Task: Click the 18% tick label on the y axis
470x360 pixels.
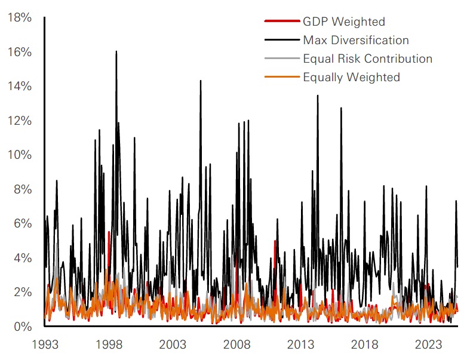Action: pyautogui.click(x=20, y=18)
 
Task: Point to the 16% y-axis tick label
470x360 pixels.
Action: pyautogui.click(x=20, y=52)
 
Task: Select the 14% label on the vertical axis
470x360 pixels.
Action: pyautogui.click(x=20, y=87)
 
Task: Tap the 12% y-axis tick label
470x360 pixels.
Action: pyautogui.click(x=20, y=121)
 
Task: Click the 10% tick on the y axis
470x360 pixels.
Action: pyautogui.click(x=20, y=155)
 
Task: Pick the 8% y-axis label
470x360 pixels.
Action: pyautogui.click(x=23, y=189)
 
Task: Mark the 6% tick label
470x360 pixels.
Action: pyautogui.click(x=23, y=224)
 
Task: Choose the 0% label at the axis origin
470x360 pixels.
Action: pyautogui.click(x=23, y=327)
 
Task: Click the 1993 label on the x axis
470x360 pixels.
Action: pyautogui.click(x=45, y=345)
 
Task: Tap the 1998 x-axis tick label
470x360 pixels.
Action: pyautogui.click(x=109, y=345)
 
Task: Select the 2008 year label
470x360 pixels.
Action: pyautogui.click(x=237, y=345)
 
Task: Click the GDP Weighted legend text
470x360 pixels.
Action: pyautogui.click(x=343, y=21)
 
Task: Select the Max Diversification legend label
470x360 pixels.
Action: pyautogui.click(x=355, y=40)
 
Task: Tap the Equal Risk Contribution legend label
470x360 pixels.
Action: pyautogui.click(x=367, y=59)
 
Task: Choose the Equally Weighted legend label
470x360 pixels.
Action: pyautogui.click(x=351, y=77)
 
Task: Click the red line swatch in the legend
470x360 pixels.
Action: pyautogui.click(x=281, y=21)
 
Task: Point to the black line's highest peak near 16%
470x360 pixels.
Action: pyautogui.click(x=116, y=52)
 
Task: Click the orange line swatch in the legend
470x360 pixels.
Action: pyautogui.click(x=281, y=77)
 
